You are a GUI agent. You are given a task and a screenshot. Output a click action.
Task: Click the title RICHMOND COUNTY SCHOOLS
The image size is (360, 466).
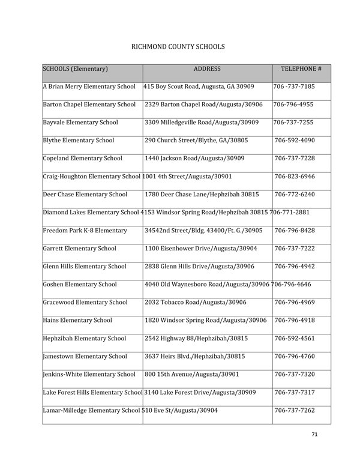pos(178,46)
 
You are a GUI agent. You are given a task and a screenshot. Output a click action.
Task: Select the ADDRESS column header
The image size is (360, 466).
pos(208,69)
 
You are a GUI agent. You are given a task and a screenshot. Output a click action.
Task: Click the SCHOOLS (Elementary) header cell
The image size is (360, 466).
pos(75,69)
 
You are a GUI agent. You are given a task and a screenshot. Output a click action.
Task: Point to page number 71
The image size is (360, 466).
pos(315,434)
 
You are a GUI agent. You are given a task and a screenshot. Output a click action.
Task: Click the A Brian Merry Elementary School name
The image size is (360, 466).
pos(89,87)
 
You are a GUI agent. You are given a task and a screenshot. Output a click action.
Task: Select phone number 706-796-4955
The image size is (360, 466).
pos(293,104)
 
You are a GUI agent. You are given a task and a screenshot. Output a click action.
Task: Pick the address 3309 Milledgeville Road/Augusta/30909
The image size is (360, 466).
pos(202,123)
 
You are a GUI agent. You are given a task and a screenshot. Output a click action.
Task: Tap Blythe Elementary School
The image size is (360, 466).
pos(78,141)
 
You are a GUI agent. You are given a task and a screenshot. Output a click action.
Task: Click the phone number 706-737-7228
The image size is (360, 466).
pos(295,159)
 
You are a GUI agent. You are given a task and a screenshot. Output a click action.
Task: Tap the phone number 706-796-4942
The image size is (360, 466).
pos(295,266)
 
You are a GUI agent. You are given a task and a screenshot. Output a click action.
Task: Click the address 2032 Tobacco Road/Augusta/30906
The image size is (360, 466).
pos(196,302)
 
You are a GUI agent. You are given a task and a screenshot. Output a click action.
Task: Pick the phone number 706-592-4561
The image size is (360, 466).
pos(295,338)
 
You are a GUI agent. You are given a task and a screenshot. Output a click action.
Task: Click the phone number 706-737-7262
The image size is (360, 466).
pos(295,410)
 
